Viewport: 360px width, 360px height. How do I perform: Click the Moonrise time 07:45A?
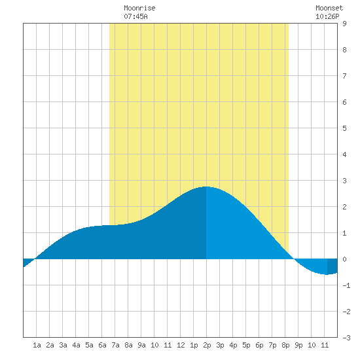pos(135,16)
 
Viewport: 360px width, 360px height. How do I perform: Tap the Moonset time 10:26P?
pos(327,16)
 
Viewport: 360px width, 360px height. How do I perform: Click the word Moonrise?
pos(139,8)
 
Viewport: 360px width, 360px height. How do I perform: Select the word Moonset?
pos(329,8)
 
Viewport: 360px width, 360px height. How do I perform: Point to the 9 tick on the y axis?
pos(344,24)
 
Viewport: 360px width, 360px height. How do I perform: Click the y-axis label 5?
pos(344,128)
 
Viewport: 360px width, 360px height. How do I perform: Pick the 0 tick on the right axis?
pos(344,259)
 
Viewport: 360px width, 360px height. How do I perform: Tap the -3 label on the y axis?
pos(346,338)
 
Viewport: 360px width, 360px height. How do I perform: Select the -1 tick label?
pos(346,285)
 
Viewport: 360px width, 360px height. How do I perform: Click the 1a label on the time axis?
pos(37,345)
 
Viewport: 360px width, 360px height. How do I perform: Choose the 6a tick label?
pos(102,345)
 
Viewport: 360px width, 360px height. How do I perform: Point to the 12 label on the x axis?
pos(181,345)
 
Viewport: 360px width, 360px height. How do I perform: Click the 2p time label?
pos(207,345)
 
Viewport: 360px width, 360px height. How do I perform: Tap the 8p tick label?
pos(285,345)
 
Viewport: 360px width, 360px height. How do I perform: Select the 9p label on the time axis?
pos(298,345)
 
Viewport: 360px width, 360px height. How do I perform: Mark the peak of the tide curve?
pos(206,187)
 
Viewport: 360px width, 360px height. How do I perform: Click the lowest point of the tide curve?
pos(327,274)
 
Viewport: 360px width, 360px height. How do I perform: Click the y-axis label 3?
pos(344,181)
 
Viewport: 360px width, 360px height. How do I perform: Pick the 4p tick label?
pos(233,345)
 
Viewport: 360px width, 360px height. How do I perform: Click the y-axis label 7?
pos(344,76)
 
